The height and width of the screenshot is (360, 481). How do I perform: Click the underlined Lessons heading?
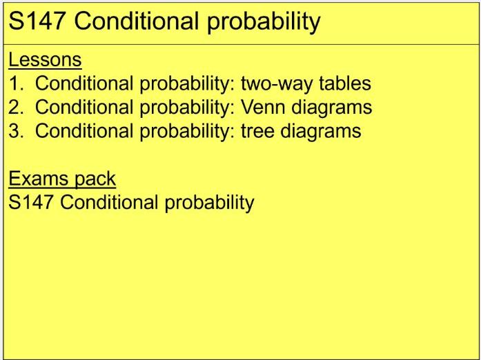(x=45, y=60)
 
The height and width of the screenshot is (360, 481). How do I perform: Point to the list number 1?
(x=14, y=84)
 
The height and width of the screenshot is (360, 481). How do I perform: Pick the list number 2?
(x=14, y=108)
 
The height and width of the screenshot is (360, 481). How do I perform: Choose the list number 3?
(x=14, y=131)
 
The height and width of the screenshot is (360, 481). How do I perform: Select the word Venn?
(x=263, y=108)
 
